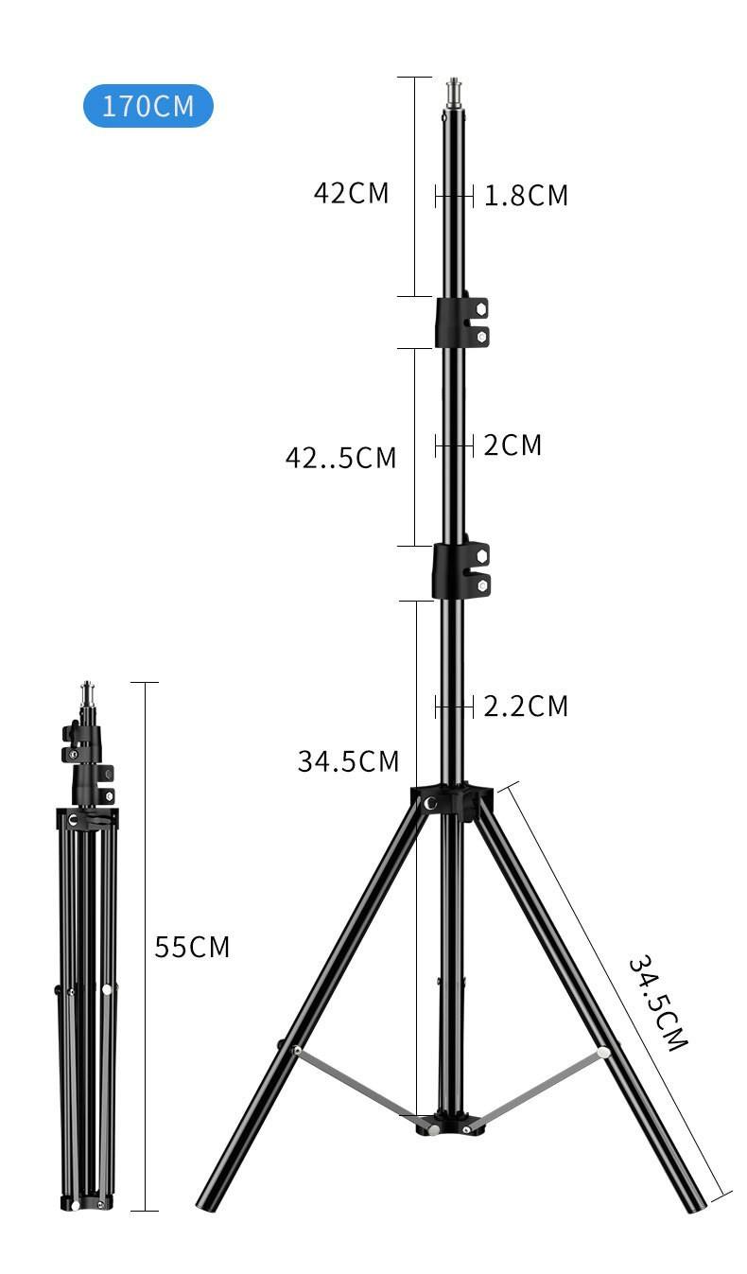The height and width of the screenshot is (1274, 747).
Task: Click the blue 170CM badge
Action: point(148,106)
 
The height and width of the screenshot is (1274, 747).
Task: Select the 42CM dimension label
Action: point(351,193)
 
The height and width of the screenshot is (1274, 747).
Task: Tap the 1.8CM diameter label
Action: point(526,196)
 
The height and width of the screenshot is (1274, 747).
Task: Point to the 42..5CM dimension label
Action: point(340,458)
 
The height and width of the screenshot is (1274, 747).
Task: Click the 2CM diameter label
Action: point(512,445)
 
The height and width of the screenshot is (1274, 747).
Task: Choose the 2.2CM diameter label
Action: point(526,707)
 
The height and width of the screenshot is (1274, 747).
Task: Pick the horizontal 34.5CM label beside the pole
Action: point(348,761)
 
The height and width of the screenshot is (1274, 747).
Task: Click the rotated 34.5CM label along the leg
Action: point(658,1003)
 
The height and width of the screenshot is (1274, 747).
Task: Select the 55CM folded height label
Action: point(192,947)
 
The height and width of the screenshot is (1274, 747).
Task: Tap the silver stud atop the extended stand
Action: point(454,93)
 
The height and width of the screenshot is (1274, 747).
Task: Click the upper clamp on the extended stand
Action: point(461,323)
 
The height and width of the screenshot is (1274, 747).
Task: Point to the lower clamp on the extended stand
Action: point(460,570)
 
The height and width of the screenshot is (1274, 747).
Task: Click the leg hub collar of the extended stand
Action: point(452,802)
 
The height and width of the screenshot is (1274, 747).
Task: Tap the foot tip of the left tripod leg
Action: point(206,1202)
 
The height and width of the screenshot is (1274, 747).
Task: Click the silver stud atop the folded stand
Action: point(87,692)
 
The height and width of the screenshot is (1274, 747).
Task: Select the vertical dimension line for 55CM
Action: point(145,946)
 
